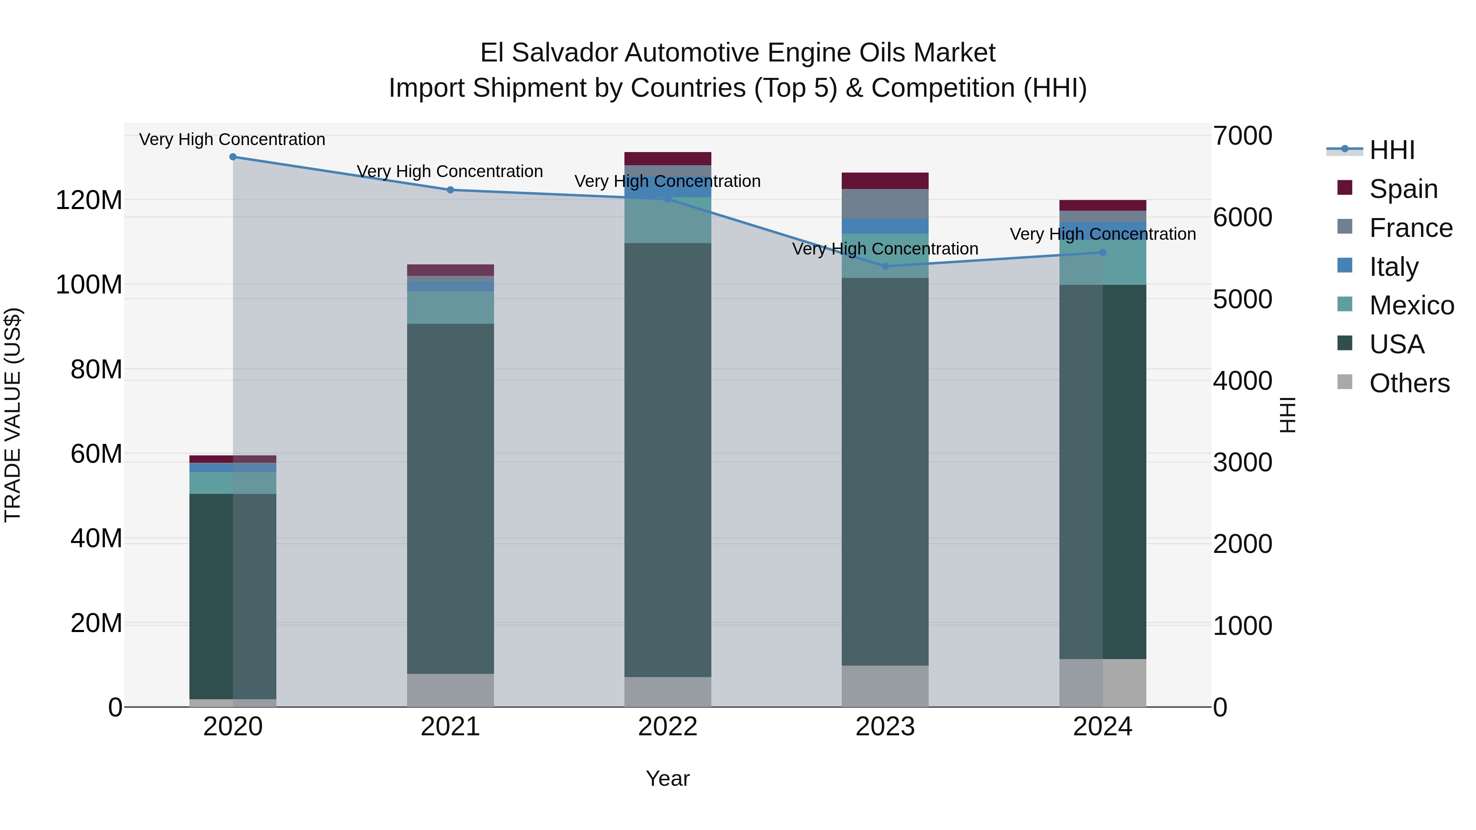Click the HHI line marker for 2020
point(232,157)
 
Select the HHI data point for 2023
point(885,266)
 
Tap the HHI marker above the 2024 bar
point(1102,252)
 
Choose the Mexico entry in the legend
point(1411,305)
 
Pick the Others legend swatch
point(1344,382)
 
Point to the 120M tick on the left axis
point(89,200)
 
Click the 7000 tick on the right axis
point(1242,136)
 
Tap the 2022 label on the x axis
point(667,727)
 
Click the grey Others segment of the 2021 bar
point(450,690)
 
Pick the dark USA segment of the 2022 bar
point(667,458)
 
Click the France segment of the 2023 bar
point(885,203)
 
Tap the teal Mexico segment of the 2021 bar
point(450,307)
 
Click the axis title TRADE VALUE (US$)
point(13,415)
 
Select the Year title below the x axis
point(667,778)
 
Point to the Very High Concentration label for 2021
point(450,171)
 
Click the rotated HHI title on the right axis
point(1287,415)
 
